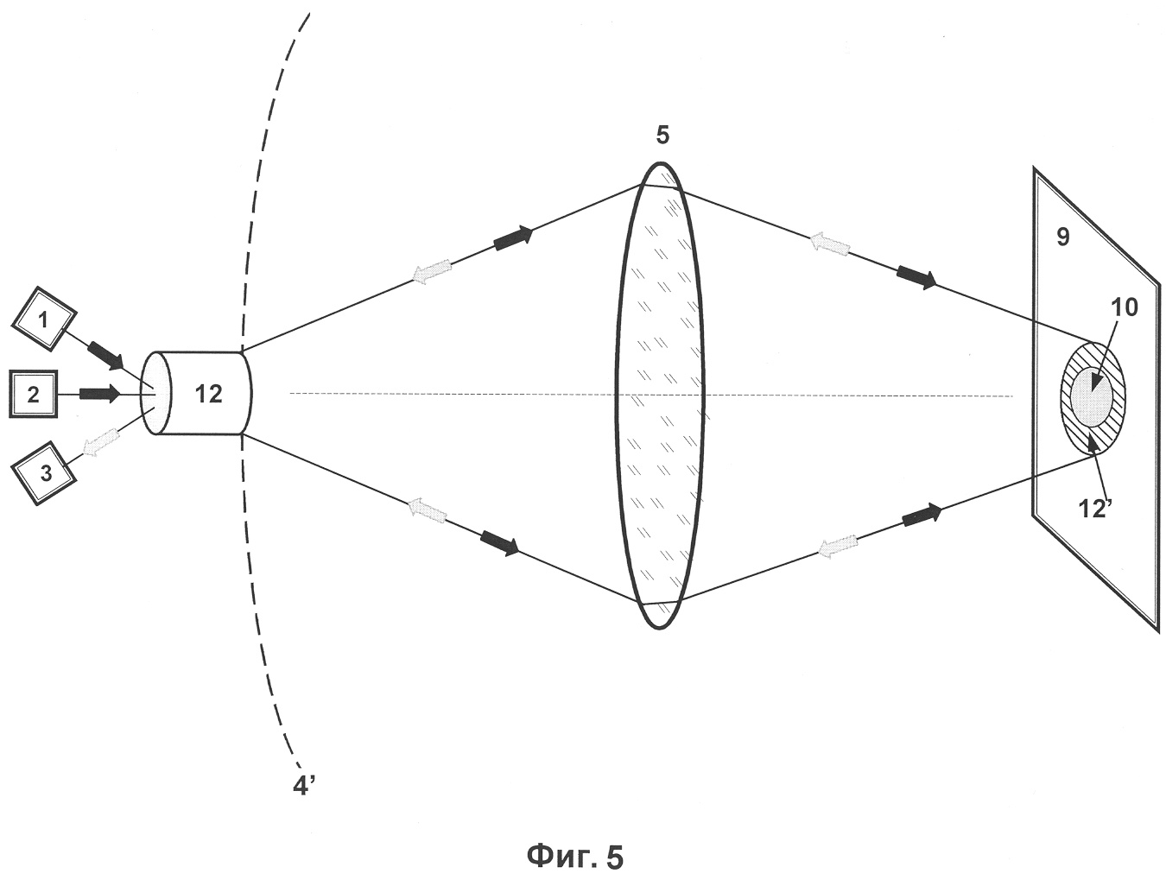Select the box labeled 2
point(34,395)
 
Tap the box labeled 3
point(44,473)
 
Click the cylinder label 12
point(208,394)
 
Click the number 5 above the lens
point(662,136)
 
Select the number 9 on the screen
point(1063,237)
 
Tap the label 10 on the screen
point(1124,308)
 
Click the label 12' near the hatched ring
point(1095,509)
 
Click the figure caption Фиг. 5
point(575,857)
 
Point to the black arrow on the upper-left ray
point(513,237)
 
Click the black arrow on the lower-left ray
point(500,542)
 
